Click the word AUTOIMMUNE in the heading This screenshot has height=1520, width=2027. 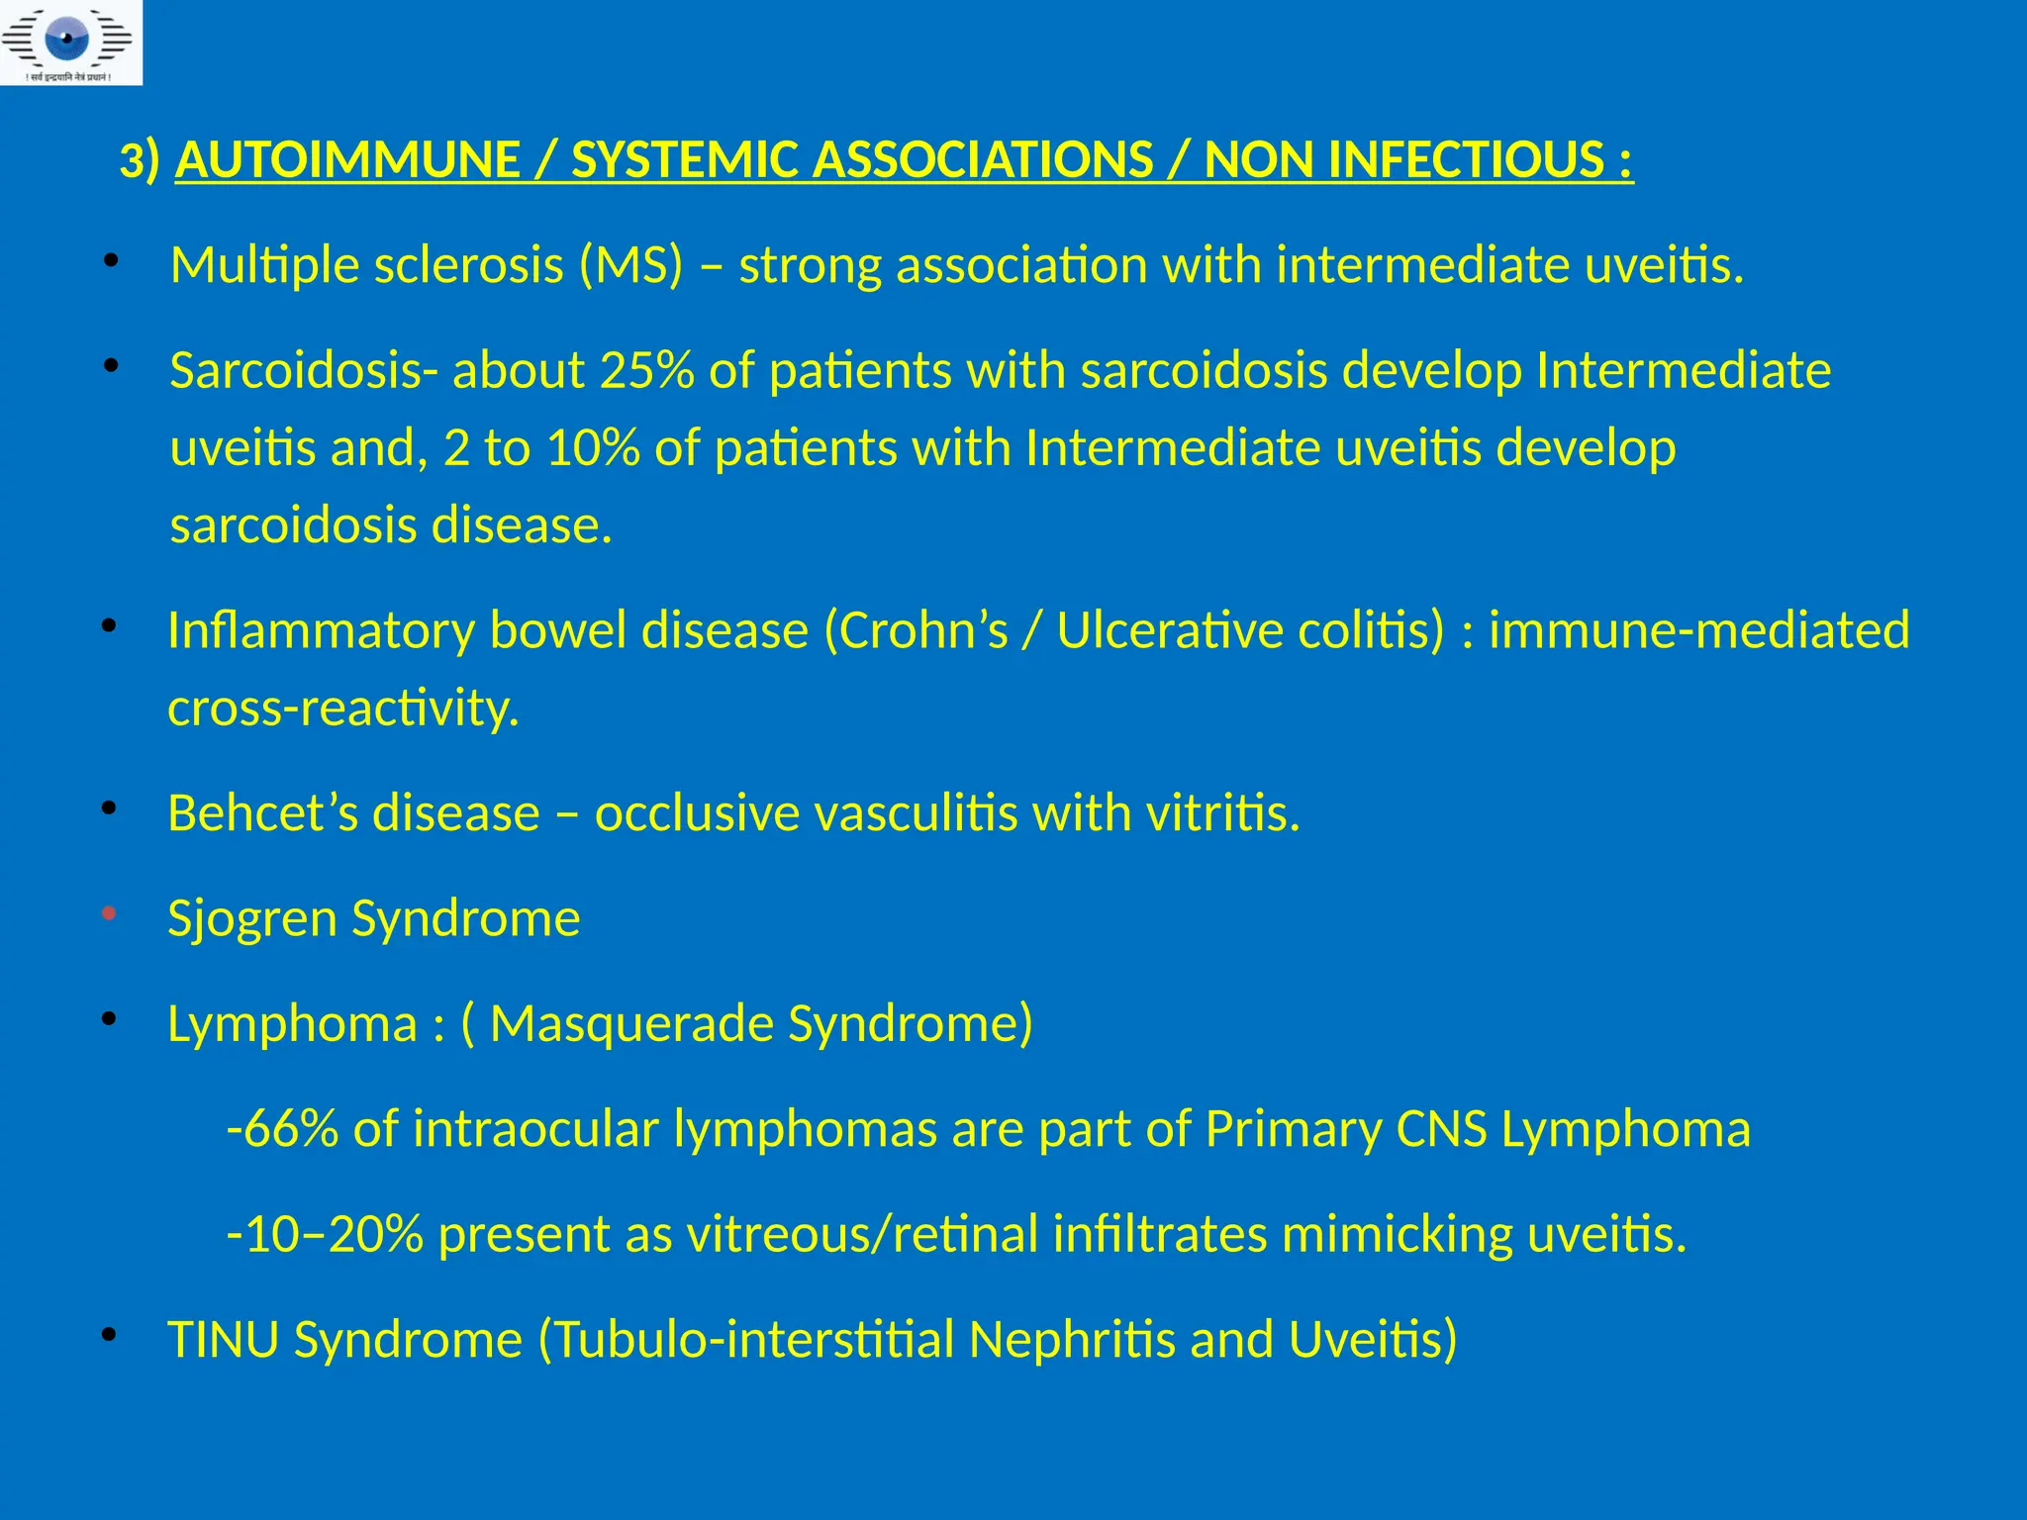tap(347, 160)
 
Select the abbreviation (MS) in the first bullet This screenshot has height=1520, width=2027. tap(631, 265)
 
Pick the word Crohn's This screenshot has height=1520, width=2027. tap(917, 631)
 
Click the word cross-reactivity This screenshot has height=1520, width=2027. tap(343, 709)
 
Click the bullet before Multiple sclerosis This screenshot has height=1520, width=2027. tap(111, 261)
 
